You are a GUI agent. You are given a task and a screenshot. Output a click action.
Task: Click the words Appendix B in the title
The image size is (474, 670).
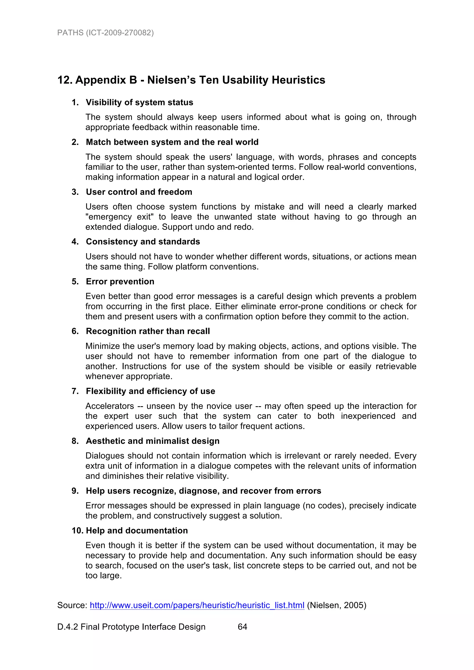tap(106, 80)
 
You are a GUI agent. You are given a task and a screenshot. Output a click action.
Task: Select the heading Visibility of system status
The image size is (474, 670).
tap(139, 102)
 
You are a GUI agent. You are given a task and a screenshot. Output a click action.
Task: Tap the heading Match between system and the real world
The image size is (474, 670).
tap(172, 142)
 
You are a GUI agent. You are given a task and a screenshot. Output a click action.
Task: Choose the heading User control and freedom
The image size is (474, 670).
tap(139, 192)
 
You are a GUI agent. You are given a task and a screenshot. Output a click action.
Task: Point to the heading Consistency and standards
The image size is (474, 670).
tap(143, 242)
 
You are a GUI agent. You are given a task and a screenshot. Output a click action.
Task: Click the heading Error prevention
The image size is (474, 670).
tap(120, 282)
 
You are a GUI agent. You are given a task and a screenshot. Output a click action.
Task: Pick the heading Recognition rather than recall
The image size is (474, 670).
tap(148, 331)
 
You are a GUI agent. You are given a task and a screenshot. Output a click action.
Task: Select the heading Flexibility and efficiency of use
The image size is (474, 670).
tap(150, 391)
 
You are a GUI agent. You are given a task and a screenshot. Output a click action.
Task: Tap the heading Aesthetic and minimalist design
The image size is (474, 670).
tap(153, 441)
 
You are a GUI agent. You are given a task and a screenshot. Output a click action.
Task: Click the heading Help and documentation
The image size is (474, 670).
tap(137, 531)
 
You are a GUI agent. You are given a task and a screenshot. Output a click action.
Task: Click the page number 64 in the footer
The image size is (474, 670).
tap(242, 627)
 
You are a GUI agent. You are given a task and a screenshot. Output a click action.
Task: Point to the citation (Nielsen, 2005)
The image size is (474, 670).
tap(337, 605)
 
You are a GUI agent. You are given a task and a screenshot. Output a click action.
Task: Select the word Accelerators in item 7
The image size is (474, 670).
tap(109, 406)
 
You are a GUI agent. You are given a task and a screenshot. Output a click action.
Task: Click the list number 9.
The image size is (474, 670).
tap(75, 491)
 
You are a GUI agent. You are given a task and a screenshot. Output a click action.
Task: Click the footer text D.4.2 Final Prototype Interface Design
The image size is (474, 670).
tap(131, 627)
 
